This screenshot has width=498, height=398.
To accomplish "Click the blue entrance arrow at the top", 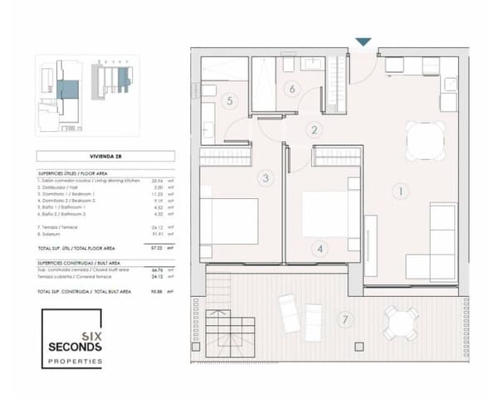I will click(363, 41).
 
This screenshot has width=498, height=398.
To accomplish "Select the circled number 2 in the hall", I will click(314, 129).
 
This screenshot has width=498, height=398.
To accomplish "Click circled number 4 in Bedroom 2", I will click(321, 248).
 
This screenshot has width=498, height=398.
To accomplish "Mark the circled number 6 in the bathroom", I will click(291, 88).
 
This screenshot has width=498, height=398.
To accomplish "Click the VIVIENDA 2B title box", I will click(105, 156).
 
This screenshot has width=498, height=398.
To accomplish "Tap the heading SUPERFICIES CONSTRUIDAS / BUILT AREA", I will click(83, 262).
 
